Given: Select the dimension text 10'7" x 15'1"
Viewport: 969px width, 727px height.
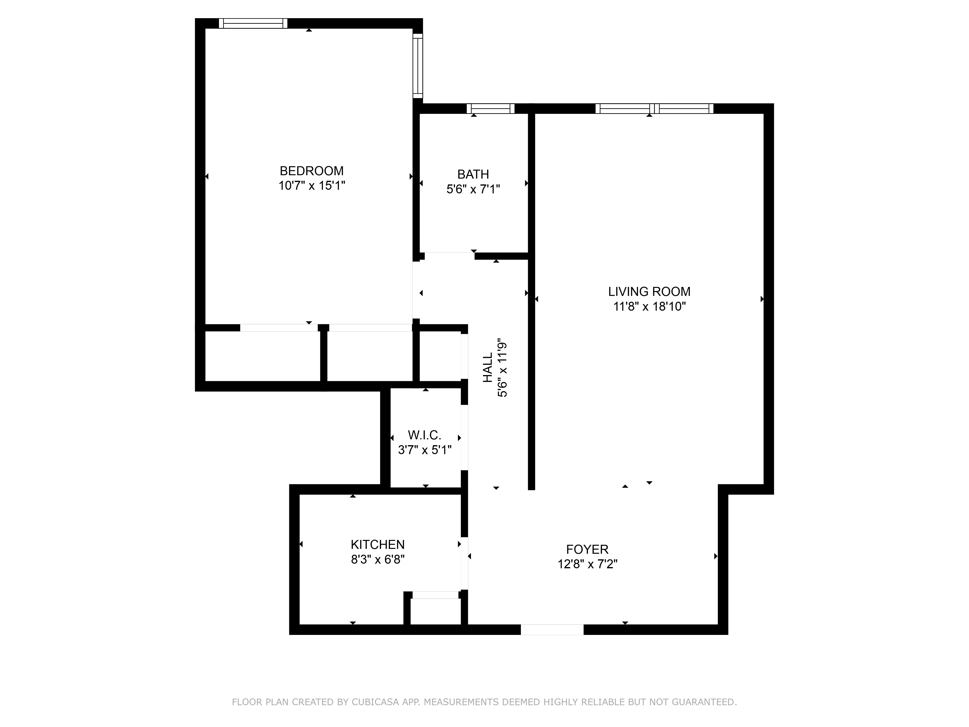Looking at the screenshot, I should [312, 186].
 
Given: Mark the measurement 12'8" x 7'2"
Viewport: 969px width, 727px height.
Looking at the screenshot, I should [587, 564].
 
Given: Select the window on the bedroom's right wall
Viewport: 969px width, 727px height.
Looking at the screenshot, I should [418, 66].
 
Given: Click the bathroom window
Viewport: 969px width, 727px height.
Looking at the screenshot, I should [490, 108].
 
